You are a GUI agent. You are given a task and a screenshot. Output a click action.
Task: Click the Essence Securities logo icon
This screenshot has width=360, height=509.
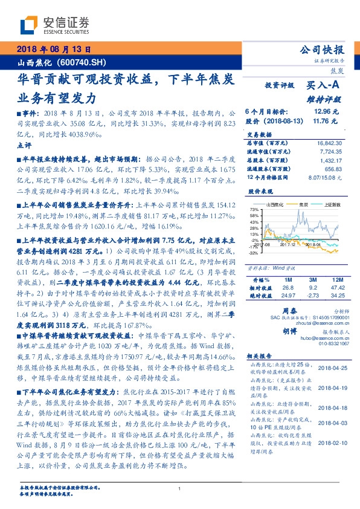(31, 25)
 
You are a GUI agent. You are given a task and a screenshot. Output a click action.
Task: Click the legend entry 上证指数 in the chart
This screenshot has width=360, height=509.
(331, 205)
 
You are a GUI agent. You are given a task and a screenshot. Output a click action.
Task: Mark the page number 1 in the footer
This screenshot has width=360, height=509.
(180, 488)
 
